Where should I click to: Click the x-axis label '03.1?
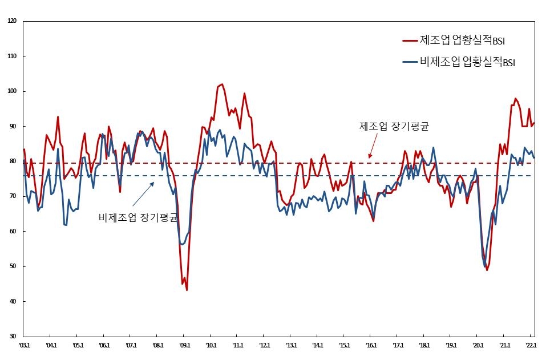(x=25, y=345)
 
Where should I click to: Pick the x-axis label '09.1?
(x=184, y=345)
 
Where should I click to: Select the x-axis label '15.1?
(x=344, y=345)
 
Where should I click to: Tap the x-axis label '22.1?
(x=531, y=345)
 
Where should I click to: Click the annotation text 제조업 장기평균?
(x=394, y=127)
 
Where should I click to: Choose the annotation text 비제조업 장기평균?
(x=137, y=217)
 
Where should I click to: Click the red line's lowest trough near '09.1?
(x=187, y=290)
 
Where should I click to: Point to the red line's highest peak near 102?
(x=222, y=84)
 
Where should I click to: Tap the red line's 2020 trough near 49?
(x=487, y=270)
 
